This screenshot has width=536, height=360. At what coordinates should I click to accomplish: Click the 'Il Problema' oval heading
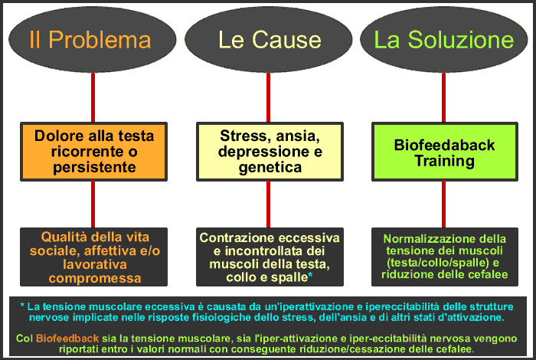click(x=90, y=40)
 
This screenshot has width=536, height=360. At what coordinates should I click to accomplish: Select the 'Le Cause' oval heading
click(x=269, y=40)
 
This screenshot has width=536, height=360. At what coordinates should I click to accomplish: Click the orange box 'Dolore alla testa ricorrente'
click(x=93, y=152)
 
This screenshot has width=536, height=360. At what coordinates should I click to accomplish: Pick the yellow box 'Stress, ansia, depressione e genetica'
click(x=269, y=152)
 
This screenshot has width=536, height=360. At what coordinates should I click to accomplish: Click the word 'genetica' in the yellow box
click(x=270, y=167)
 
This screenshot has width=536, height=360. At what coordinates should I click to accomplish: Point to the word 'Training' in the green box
click(x=444, y=161)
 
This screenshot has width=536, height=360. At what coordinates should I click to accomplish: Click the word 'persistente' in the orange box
click(x=92, y=168)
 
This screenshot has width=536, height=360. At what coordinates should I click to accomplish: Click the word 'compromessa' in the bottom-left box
click(x=92, y=278)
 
